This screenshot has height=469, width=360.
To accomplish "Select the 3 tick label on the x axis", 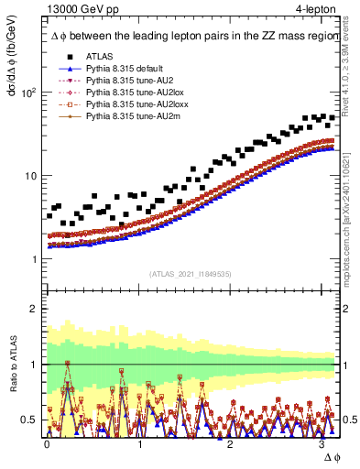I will [322, 443].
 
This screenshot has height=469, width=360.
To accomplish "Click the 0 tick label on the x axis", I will [47, 443].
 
